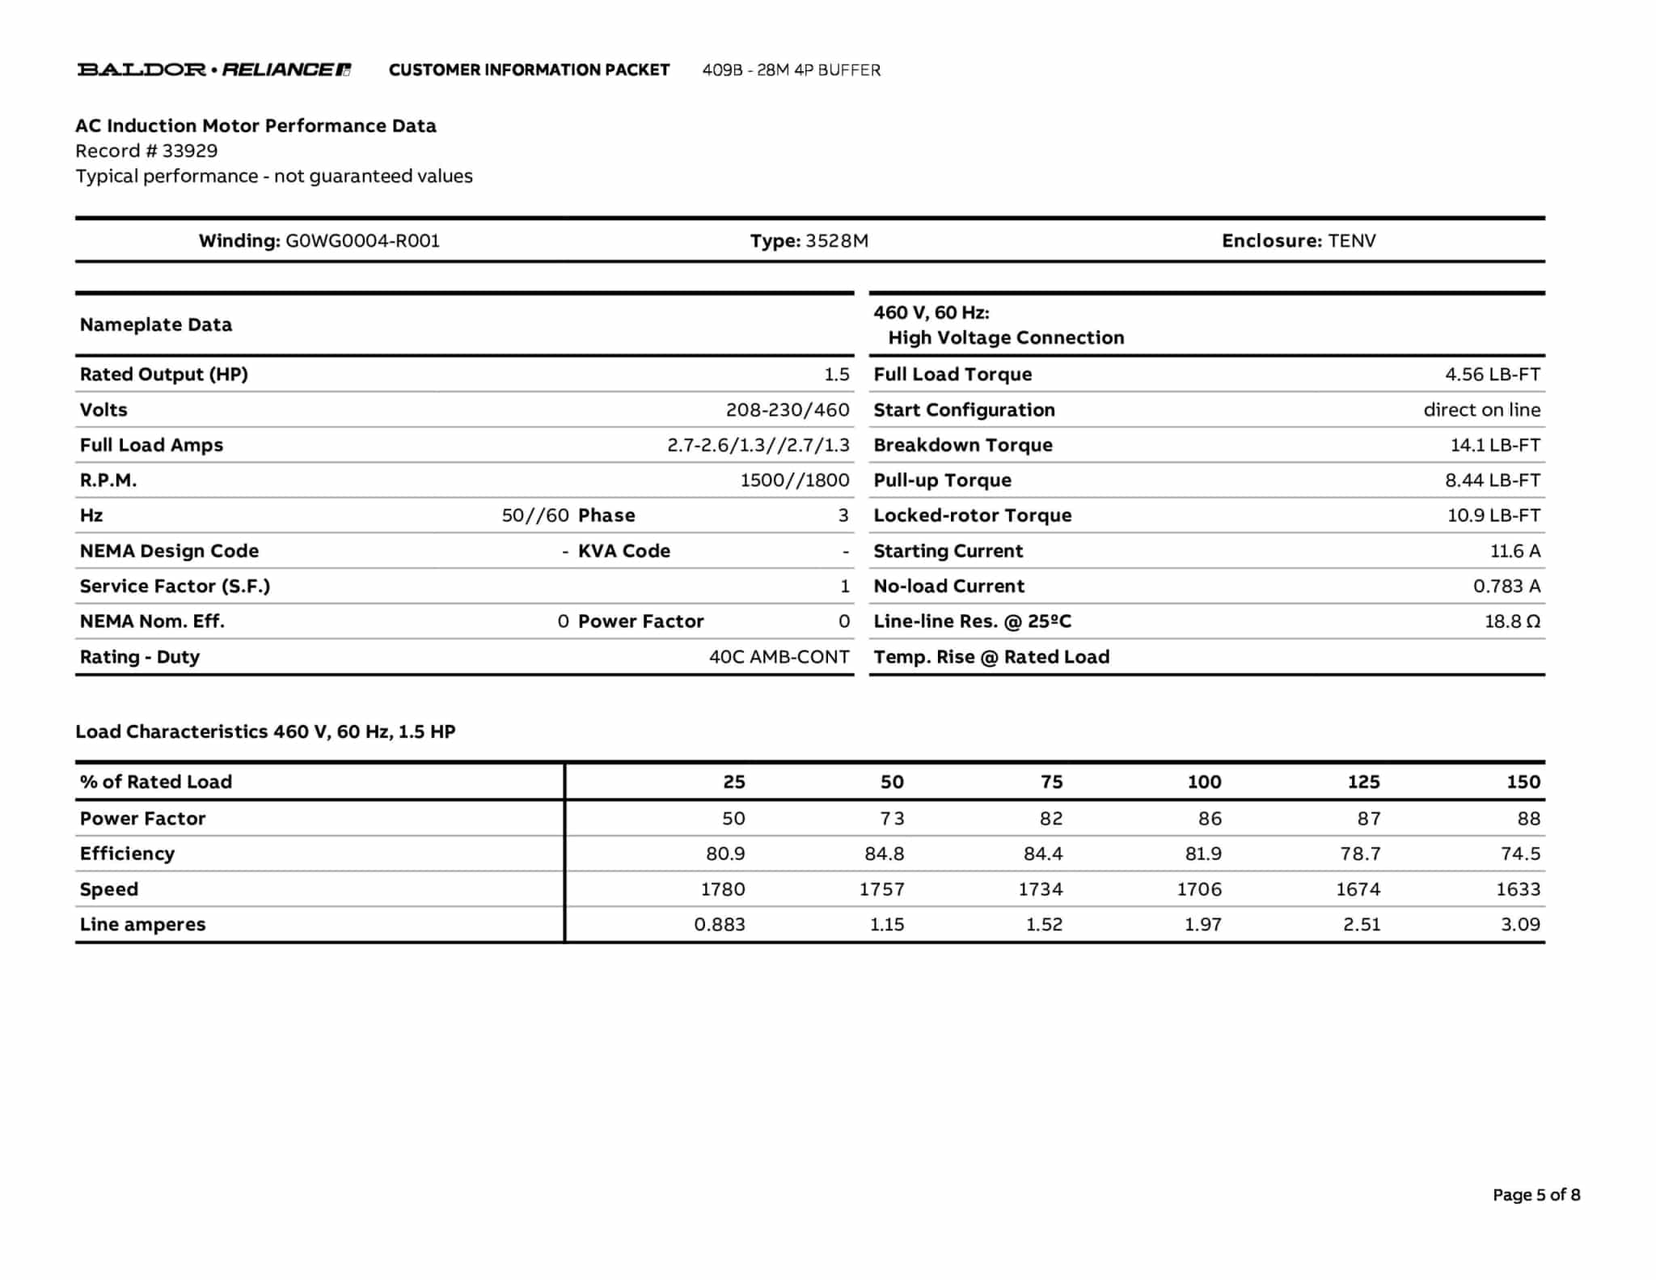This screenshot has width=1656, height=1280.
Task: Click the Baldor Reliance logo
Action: pyautogui.click(x=213, y=70)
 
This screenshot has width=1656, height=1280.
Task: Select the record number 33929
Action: pyautogui.click(x=189, y=151)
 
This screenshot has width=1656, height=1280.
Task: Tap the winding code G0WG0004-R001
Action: pyautogui.click(x=362, y=241)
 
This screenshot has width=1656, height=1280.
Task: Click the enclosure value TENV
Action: pyautogui.click(x=1351, y=241)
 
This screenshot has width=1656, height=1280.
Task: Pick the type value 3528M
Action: pyautogui.click(x=837, y=241)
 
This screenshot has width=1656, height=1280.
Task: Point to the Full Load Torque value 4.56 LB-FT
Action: pyautogui.click(x=1492, y=375)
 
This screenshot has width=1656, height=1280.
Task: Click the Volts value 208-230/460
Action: pyautogui.click(x=787, y=410)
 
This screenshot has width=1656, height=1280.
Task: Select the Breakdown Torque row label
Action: pyautogui.click(x=962, y=445)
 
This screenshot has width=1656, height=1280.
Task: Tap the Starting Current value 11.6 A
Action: pyautogui.click(x=1514, y=551)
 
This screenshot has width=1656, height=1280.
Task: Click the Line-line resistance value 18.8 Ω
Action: pyautogui.click(x=1511, y=621)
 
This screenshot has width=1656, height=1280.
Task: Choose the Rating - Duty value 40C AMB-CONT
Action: pyautogui.click(x=779, y=657)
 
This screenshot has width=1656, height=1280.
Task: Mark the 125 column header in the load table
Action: pyautogui.click(x=1363, y=782)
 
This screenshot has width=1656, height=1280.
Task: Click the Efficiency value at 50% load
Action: pyautogui.click(x=884, y=854)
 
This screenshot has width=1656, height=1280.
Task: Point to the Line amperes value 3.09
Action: pyautogui.click(x=1520, y=924)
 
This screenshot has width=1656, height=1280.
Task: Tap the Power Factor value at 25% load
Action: pyautogui.click(x=733, y=818)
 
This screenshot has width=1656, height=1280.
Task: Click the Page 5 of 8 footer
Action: pyautogui.click(x=1536, y=1195)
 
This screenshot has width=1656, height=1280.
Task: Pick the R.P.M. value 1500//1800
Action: pyautogui.click(x=794, y=481)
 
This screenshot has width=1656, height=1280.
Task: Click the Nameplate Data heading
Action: pyautogui.click(x=155, y=324)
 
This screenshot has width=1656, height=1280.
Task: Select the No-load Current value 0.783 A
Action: pyautogui.click(x=1506, y=586)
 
